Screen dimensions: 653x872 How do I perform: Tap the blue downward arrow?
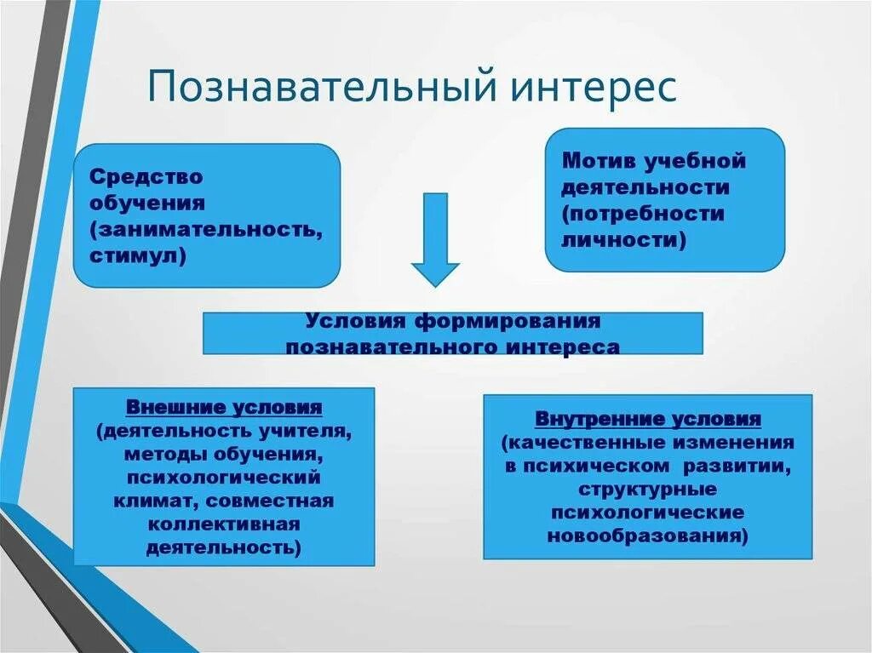[x=435, y=239]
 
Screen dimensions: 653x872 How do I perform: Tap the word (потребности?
[x=643, y=213]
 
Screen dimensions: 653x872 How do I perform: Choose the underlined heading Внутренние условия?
[x=648, y=419]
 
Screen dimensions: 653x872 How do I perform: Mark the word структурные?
[x=648, y=490]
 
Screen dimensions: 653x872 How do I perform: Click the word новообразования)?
[x=648, y=536]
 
